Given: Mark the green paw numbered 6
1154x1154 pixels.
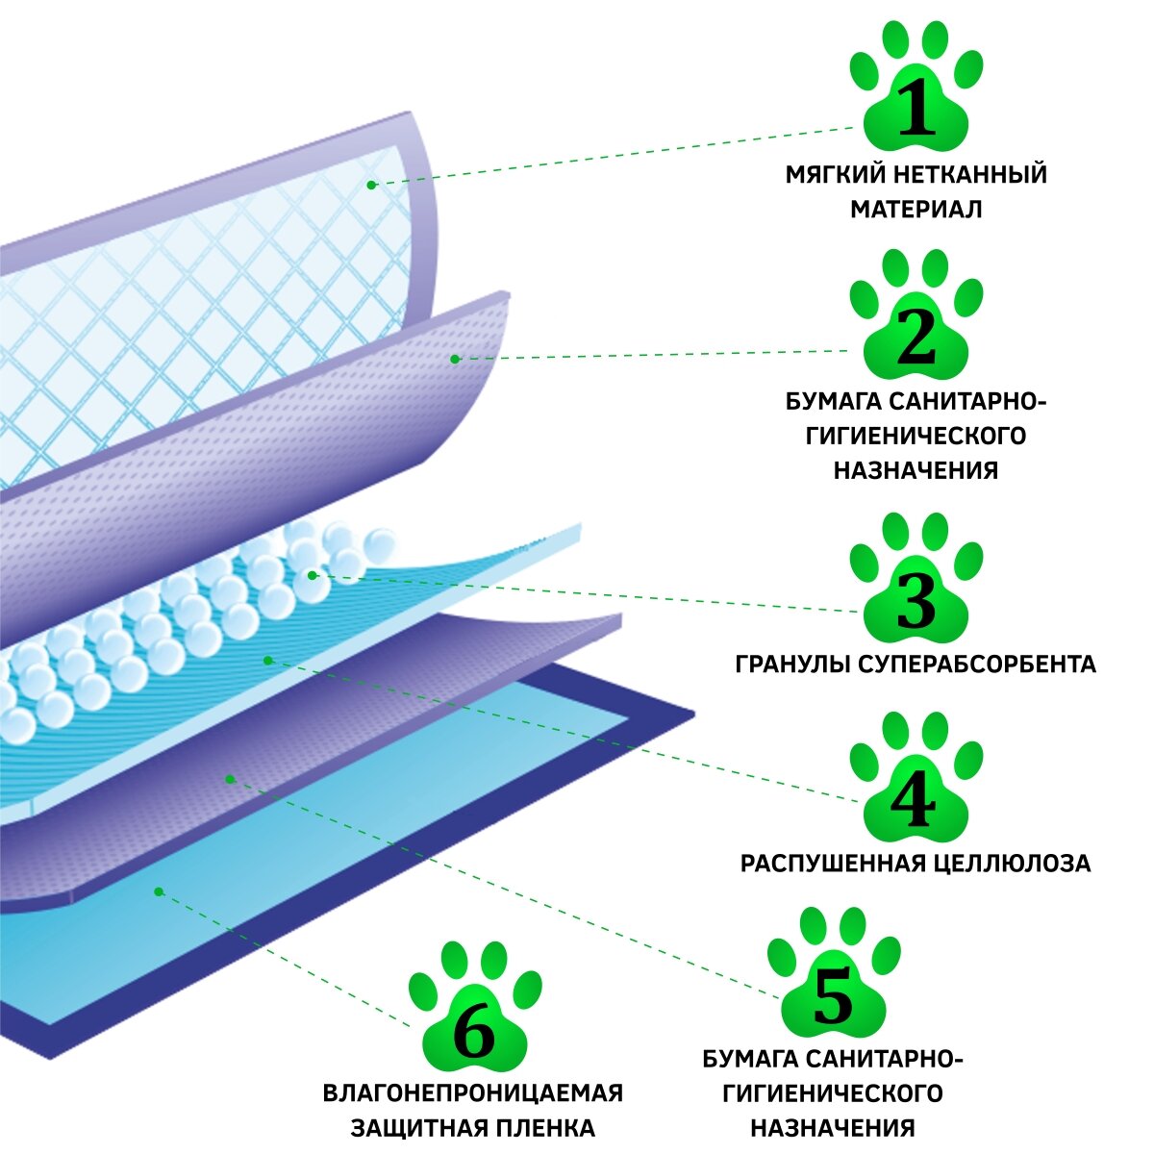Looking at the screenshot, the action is pos(473,1025).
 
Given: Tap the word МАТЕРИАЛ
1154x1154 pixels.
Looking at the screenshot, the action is pos(916,209).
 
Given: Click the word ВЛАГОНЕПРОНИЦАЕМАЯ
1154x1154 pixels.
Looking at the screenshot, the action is pos(473,1093).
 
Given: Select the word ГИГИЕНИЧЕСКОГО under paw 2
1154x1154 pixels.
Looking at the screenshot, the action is pos(916,436).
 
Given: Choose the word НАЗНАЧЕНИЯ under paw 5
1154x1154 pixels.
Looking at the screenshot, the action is pos(833,1127).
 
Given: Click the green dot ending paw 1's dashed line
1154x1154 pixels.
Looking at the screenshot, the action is pos(371,183).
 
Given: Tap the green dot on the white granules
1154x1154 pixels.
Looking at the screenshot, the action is pos(312,575).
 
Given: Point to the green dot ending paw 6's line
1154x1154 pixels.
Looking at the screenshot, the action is pos(159,891).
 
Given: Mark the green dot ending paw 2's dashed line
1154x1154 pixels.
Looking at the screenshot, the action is pos(456,359).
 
